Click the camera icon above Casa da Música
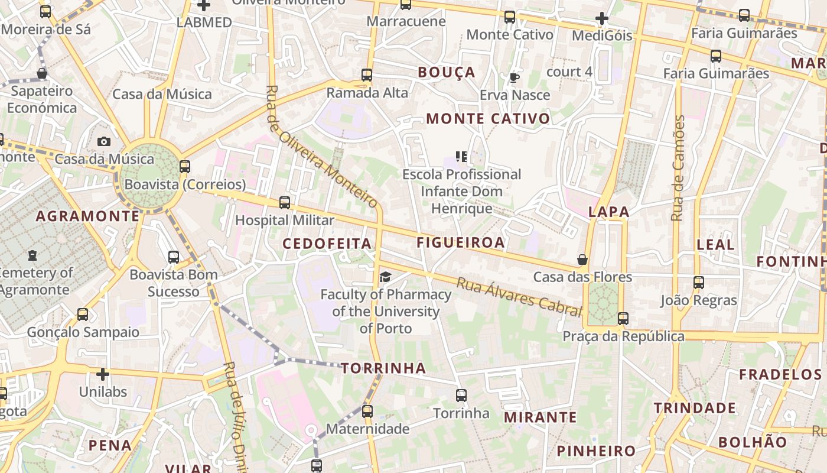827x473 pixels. point(104,141)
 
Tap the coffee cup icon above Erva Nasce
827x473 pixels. point(514,77)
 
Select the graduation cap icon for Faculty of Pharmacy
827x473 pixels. point(385,277)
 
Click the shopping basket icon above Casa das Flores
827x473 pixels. point(582,260)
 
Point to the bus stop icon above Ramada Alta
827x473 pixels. point(367,75)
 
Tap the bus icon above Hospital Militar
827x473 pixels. point(285,203)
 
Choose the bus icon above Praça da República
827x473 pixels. point(623,319)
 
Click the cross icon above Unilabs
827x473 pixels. point(103,374)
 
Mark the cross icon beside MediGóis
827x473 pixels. point(602,18)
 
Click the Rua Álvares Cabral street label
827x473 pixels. point(519,296)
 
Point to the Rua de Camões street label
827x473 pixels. point(679,169)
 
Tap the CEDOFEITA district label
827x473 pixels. point(327,244)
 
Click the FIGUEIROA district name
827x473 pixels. point(461,242)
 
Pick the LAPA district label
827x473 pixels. point(608,212)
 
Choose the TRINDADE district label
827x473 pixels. point(695,408)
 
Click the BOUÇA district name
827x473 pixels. point(446,72)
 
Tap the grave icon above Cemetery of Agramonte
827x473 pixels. point(32,255)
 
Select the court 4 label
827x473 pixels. point(569,72)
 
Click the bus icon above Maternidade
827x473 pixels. point(367,411)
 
